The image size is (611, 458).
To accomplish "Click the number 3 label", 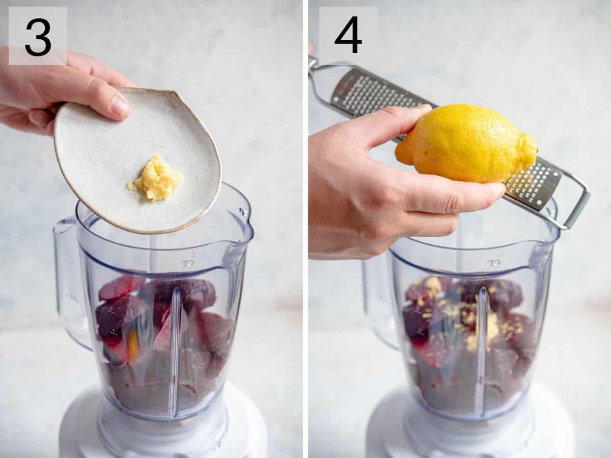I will pyautogui.click(x=38, y=36).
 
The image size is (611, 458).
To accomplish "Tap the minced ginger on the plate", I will pyautogui.click(x=157, y=179).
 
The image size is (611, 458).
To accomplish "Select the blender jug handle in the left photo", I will pyautogui.click(x=69, y=285).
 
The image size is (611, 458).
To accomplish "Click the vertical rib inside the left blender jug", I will pyautogui.click(x=175, y=352).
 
